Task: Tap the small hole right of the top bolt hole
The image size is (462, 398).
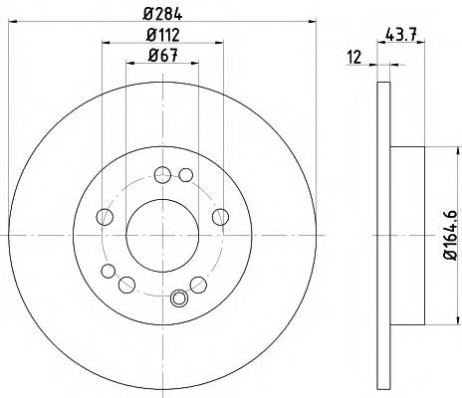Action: tap(185, 176)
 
